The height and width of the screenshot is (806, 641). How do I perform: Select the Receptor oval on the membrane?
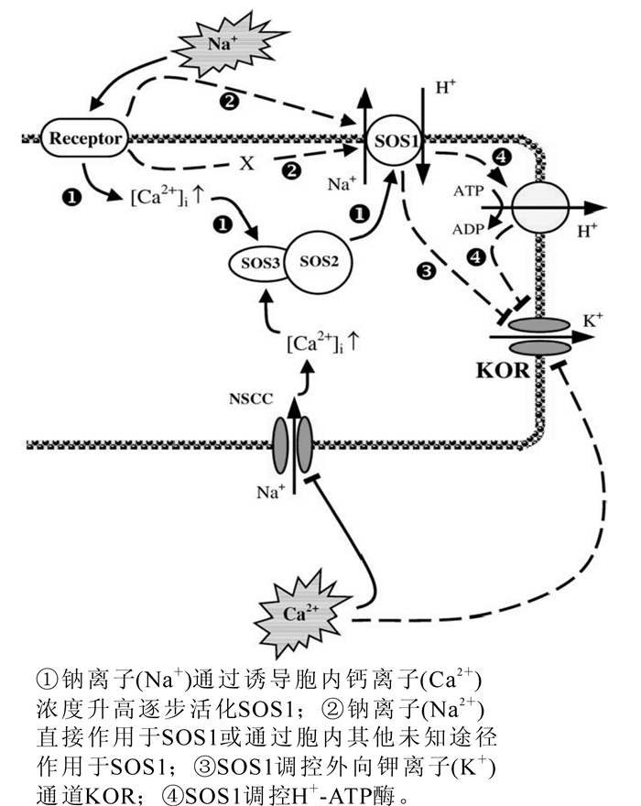85,139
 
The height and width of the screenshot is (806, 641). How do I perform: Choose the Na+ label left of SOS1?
341,184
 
